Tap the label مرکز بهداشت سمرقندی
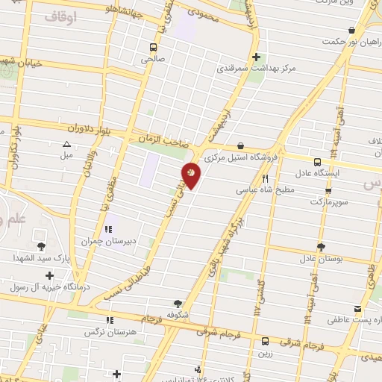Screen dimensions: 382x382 tap(257, 68)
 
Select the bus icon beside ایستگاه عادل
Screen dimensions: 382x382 tap(318, 162)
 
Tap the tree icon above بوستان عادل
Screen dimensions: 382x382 tap(320, 247)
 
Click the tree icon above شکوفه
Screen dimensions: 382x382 tap(178, 303)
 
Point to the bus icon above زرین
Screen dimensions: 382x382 tap(265, 341)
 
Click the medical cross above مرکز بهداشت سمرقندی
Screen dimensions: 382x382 tap(257, 57)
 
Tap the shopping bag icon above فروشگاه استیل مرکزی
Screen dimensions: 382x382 tap(240, 146)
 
